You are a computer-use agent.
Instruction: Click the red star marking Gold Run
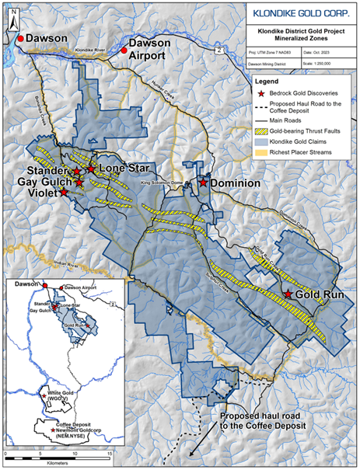(x=288, y=295)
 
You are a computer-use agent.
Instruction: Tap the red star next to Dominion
(x=203, y=183)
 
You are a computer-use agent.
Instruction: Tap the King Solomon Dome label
(x=164, y=182)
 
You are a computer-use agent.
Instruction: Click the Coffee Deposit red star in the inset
(x=52, y=429)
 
